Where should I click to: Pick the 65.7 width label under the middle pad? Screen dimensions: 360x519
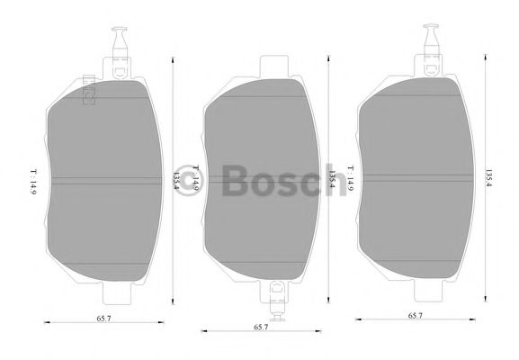pos(259,328)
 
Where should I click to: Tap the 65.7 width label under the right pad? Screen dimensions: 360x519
pos(416,316)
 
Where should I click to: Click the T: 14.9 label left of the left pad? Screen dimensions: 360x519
pos(31,178)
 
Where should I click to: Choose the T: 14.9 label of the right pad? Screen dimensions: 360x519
pos(350,177)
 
